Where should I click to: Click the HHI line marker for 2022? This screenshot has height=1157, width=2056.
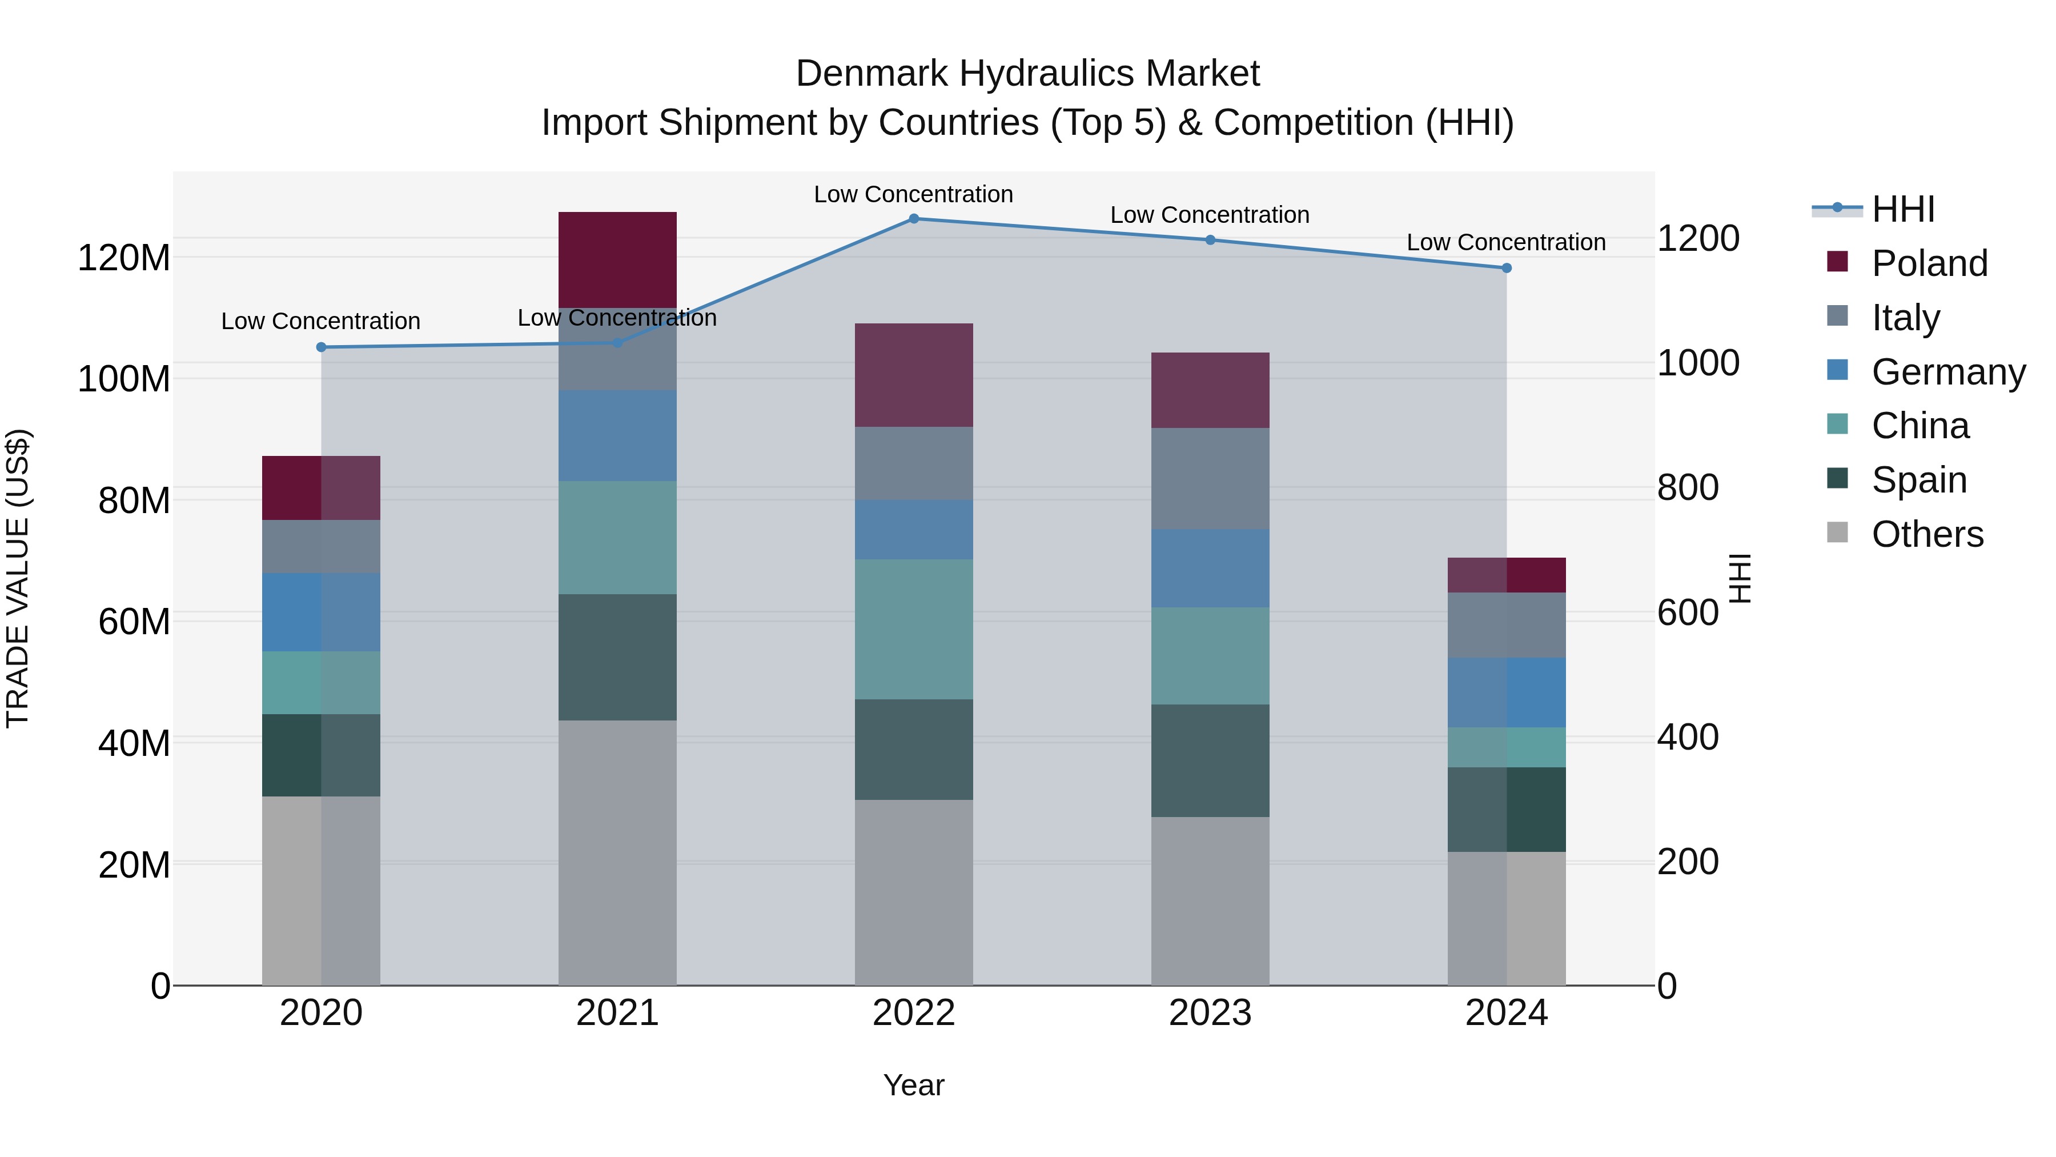click(x=914, y=218)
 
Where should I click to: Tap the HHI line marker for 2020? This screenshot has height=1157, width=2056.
click(x=321, y=347)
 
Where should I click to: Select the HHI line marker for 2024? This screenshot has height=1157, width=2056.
click(x=1506, y=269)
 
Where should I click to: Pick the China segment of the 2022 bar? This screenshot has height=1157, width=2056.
click(x=914, y=629)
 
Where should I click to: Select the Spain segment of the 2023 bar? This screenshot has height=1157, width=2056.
click(x=1210, y=760)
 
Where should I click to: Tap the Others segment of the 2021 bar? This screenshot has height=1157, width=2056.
click(x=617, y=853)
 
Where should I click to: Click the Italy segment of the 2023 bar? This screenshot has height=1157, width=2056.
click(x=1210, y=478)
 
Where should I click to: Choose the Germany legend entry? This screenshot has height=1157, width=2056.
click(x=1947, y=372)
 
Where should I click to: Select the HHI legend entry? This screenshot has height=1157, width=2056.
click(x=1903, y=209)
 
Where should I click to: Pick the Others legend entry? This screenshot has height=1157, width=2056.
click(x=1927, y=534)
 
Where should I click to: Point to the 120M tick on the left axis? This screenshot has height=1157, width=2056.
click(x=124, y=258)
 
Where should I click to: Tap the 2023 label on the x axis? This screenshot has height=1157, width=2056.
click(x=1210, y=1013)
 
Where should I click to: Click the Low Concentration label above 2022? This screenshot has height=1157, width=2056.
click(x=913, y=194)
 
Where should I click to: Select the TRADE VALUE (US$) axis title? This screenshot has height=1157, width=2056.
click(x=18, y=578)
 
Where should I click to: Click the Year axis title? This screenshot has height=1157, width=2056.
click(x=914, y=1085)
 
